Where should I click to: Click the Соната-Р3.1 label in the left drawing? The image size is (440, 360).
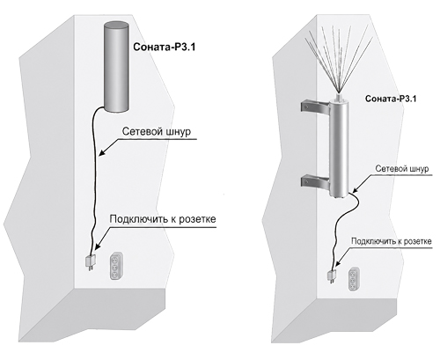coord(165,47)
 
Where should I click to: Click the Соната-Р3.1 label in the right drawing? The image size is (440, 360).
coord(391,99)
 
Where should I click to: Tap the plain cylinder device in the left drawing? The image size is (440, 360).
coord(116,66)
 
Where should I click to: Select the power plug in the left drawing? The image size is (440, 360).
coord(91,262)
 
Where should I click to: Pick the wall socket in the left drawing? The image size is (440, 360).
coord(115,266)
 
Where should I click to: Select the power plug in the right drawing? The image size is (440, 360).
coord(332,276)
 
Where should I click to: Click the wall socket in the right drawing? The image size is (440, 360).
coord(353,279)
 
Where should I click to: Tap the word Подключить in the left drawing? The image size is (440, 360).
coord(139,219)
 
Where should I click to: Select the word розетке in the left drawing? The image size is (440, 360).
coord(198,219)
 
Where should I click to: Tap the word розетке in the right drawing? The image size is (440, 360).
coord(418,241)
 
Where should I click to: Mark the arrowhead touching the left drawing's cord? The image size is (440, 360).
coord(101,152)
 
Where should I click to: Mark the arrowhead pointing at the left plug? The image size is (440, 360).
coord(97,247)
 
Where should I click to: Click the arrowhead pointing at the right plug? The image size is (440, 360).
coord(337,264)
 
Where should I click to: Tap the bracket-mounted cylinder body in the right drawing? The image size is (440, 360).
coord(339,148)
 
